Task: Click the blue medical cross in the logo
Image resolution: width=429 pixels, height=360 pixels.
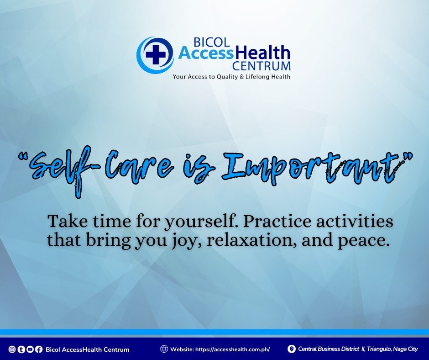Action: [156, 54]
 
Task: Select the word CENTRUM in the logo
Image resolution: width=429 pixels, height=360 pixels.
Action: [261, 66]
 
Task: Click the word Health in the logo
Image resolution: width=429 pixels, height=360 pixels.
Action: [262, 53]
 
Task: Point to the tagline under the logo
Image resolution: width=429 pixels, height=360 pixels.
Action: [231, 77]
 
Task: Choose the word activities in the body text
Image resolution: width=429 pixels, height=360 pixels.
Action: [355, 221]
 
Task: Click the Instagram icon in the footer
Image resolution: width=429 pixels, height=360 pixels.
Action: [12, 349]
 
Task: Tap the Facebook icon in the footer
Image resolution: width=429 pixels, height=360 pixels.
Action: [39, 349]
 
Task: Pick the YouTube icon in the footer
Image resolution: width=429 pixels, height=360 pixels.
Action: [30, 349]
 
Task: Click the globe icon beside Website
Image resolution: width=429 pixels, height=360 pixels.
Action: [164, 349]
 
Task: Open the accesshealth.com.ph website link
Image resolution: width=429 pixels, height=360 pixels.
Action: [233, 349]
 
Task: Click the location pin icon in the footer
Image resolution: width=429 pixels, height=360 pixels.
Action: [292, 349]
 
